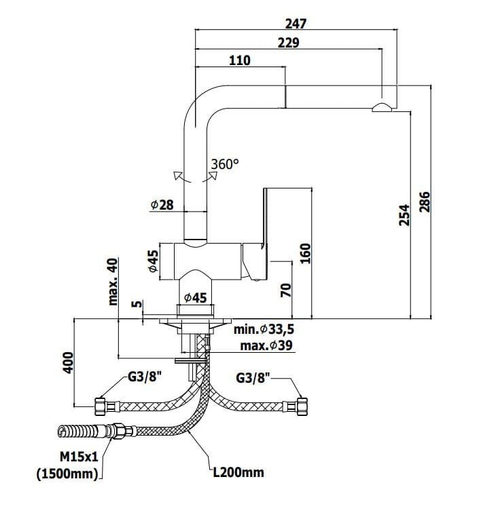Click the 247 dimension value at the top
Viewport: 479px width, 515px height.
click(x=296, y=24)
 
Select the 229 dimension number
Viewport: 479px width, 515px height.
click(x=289, y=43)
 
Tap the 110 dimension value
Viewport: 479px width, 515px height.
click(x=239, y=60)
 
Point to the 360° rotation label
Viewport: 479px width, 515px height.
click(x=225, y=164)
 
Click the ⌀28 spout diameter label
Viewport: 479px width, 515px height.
click(x=162, y=205)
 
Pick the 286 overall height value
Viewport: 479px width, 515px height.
click(x=425, y=202)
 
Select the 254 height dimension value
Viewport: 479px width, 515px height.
click(x=404, y=215)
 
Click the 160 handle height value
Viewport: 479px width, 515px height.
click(x=305, y=253)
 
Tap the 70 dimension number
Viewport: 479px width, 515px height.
click(x=286, y=290)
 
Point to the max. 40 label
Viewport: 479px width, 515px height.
click(x=113, y=282)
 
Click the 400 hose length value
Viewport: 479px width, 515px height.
click(x=68, y=362)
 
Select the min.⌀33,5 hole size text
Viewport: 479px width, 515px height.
click(x=264, y=329)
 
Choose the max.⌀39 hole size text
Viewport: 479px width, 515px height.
click(x=266, y=345)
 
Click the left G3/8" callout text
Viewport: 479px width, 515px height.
click(x=145, y=377)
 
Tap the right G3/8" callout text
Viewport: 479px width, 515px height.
click(x=253, y=378)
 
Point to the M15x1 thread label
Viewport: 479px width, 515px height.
click(x=79, y=457)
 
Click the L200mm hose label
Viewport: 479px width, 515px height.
click(x=238, y=472)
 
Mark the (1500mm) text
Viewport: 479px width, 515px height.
click(x=67, y=474)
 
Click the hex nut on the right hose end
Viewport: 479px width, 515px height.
click(x=302, y=406)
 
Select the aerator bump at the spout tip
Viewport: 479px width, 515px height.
click(x=382, y=107)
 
